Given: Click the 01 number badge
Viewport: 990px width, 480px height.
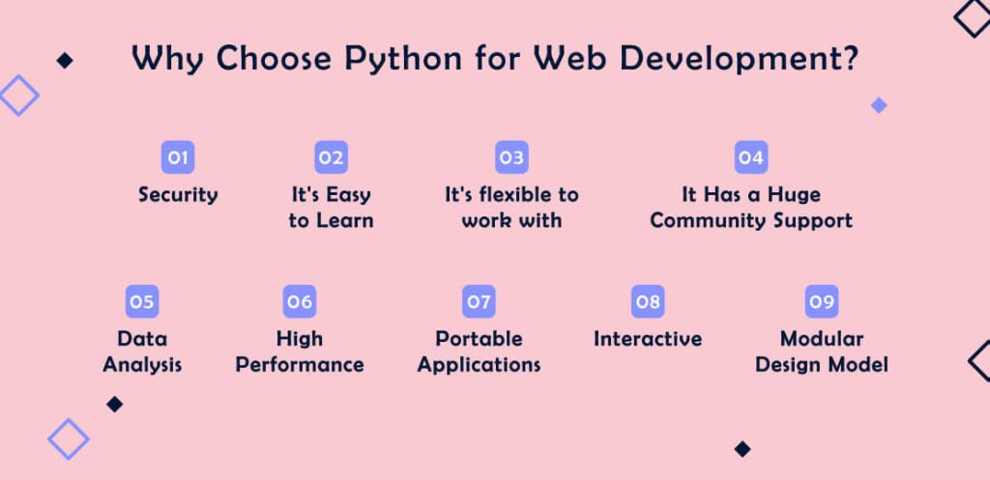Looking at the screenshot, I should click(x=177, y=157).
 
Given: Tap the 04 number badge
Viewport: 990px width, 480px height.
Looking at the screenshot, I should click(x=751, y=157).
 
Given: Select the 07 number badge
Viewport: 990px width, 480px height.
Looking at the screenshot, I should click(x=479, y=302).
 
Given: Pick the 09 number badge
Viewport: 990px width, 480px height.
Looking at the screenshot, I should click(x=822, y=302).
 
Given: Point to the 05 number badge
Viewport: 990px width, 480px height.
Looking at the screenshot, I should click(x=141, y=302).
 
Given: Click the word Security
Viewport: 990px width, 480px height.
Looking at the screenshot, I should click(x=178, y=195).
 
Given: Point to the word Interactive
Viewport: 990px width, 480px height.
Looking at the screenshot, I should click(x=648, y=339).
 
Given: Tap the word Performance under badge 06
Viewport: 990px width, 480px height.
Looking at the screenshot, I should click(x=300, y=365).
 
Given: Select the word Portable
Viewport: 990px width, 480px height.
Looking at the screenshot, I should click(x=479, y=339).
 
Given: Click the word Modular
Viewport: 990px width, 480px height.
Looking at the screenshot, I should click(x=822, y=339).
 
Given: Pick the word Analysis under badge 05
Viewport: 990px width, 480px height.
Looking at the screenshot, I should click(x=142, y=365).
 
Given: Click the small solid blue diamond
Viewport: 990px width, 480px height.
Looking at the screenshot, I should click(x=879, y=105).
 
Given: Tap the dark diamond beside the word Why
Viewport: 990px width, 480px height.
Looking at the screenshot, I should click(x=65, y=61).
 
